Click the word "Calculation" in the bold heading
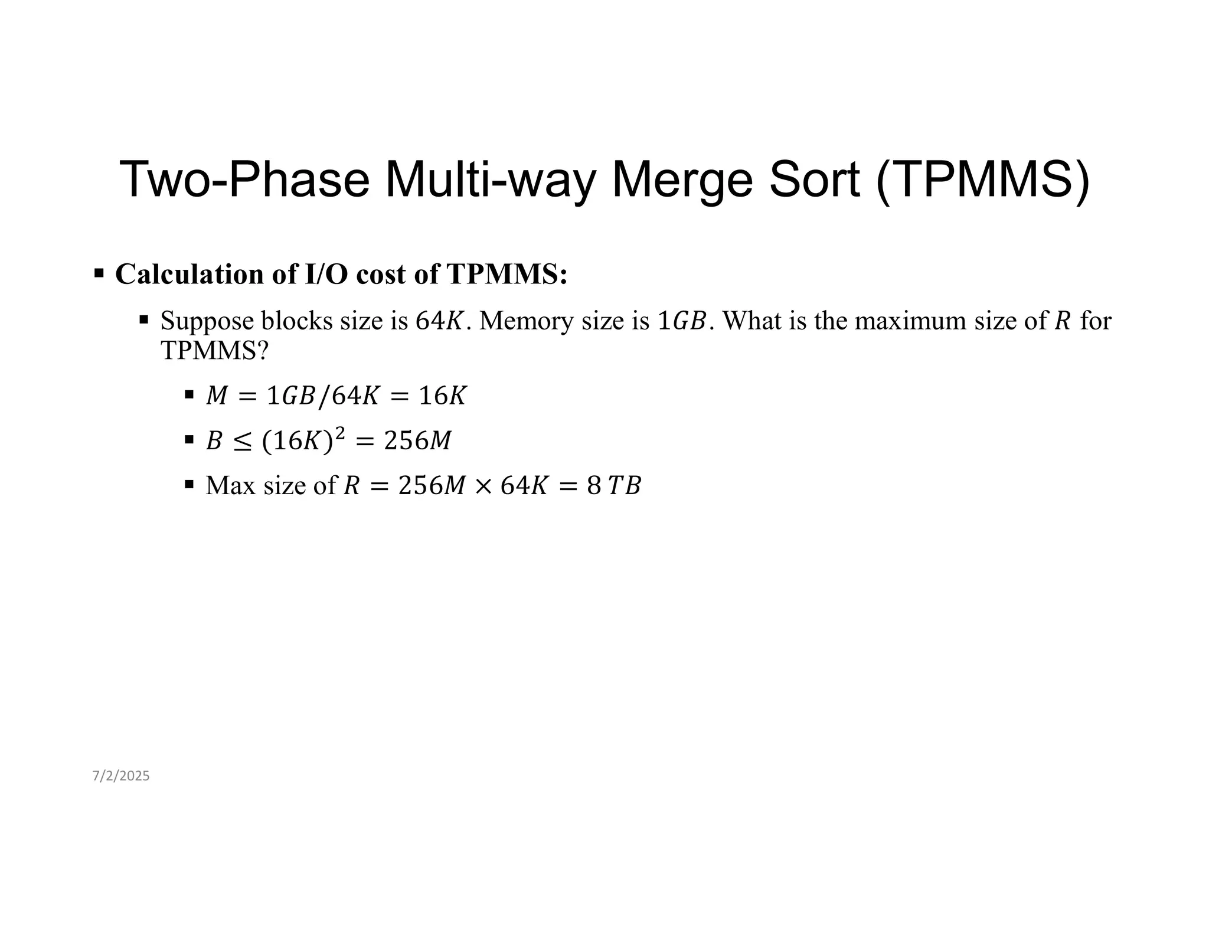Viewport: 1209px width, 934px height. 189,275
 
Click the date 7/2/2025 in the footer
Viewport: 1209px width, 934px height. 121,776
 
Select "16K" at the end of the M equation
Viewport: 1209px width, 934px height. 442,396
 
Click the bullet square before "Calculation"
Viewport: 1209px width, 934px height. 99,273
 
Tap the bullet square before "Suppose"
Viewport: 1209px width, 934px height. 144,320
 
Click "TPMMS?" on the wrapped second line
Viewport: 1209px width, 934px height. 214,351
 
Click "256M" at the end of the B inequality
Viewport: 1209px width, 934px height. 417,441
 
